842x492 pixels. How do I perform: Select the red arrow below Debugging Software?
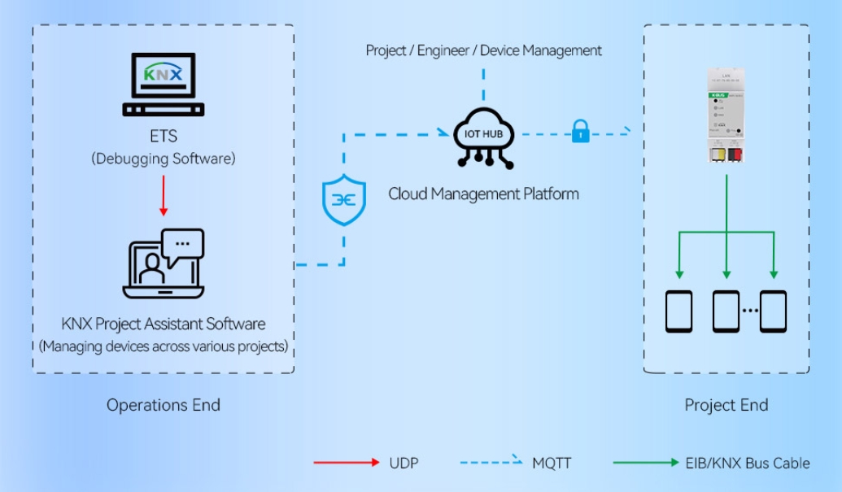pos(164,195)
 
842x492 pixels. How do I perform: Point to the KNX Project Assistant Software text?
pos(164,324)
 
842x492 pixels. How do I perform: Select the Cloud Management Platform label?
pos(484,194)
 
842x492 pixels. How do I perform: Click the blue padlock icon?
pos(580,132)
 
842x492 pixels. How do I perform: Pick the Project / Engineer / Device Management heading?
pos(484,50)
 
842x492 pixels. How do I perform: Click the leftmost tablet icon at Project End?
pos(679,311)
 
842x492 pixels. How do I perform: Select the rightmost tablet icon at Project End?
pos(774,311)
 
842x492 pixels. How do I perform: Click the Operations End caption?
pos(164,405)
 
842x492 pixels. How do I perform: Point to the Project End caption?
pos(726,405)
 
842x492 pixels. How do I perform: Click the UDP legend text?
pos(404,463)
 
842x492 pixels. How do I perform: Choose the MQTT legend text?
pos(552,463)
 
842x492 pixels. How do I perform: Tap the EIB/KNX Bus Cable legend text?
pos(747,463)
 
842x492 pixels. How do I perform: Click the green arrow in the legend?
pos(646,463)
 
